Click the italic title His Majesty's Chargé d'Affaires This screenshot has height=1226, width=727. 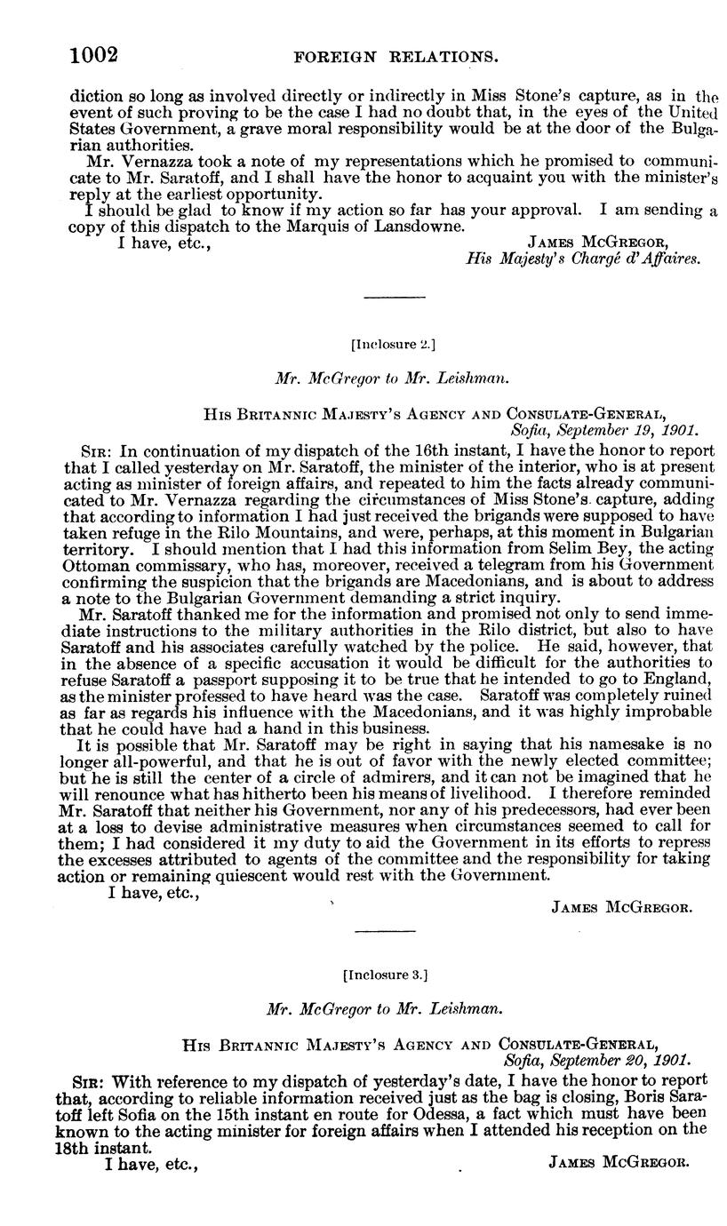pos(584,259)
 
